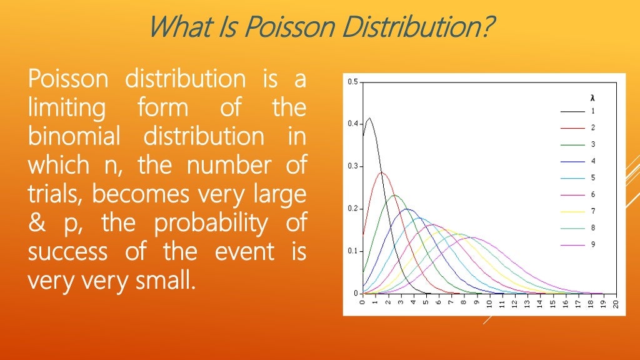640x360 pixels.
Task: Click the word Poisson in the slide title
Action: coord(284,26)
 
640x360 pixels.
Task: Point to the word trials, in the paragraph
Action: coord(55,194)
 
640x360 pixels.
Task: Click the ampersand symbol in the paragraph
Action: coord(36,223)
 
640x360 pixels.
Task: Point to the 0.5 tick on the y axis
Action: coord(353,82)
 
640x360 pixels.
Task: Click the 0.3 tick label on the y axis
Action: coord(353,166)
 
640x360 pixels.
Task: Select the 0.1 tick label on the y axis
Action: coord(353,251)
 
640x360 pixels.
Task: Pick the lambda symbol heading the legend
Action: coord(591,99)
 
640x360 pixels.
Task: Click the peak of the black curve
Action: coord(369,118)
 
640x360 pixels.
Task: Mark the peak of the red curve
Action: coord(382,172)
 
